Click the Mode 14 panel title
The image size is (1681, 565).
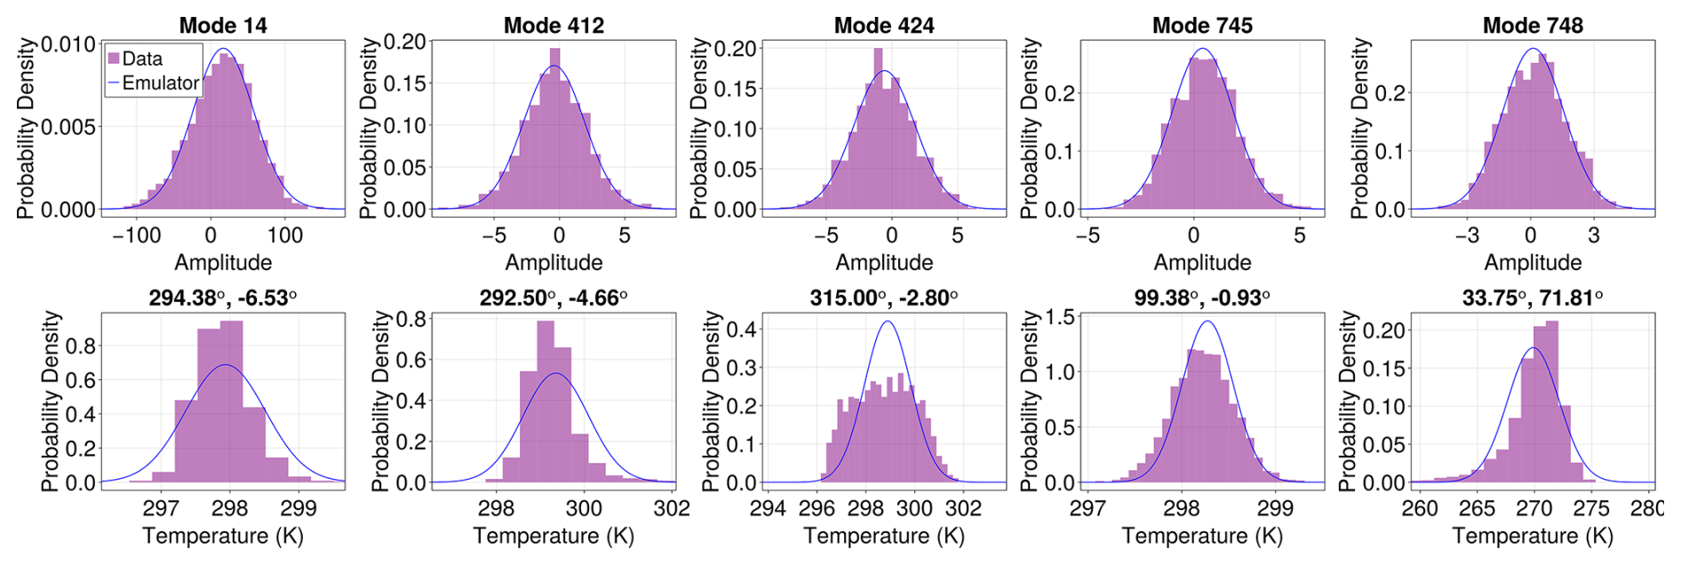pyautogui.click(x=223, y=26)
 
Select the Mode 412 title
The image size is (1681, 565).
pyautogui.click(x=554, y=26)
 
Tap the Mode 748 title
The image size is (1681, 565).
pyautogui.click(x=1533, y=26)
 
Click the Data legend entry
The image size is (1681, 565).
pyautogui.click(x=141, y=59)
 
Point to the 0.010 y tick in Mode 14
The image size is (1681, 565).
pyautogui.click(x=68, y=44)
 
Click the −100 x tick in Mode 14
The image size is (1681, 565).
pyautogui.click(x=137, y=235)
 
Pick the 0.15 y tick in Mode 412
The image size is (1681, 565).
pyautogui.click(x=404, y=84)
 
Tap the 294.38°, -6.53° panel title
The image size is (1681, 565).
pyautogui.click(x=223, y=298)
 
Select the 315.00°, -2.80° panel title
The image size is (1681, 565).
pyautogui.click(x=884, y=298)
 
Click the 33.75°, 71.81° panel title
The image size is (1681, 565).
pyautogui.click(x=1533, y=298)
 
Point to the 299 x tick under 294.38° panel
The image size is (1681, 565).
pyautogui.click(x=299, y=508)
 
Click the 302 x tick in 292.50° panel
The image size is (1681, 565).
pyautogui.click(x=672, y=508)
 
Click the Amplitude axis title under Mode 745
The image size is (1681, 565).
pyautogui.click(x=1202, y=262)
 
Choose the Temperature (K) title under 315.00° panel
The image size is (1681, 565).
pyautogui.click(x=884, y=536)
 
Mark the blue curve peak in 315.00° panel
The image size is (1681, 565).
pyautogui.click(x=888, y=322)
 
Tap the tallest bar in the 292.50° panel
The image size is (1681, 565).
pyautogui.click(x=546, y=400)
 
